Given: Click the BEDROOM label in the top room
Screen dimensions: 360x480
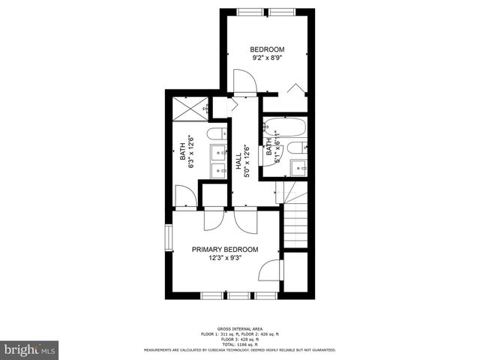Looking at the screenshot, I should coord(268,49).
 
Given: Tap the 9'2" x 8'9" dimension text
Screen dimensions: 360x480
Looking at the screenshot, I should coord(268,57).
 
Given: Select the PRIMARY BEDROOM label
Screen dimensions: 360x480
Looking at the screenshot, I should coord(225,250).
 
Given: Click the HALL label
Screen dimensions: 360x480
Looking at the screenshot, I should coord(238,159).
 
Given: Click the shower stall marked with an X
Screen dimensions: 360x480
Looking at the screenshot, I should coord(191,109).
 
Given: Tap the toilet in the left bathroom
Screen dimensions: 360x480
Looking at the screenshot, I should coord(217,135).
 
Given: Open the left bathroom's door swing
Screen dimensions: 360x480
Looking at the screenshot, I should coord(185,197).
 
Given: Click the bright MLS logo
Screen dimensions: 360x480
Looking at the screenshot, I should coord(29,349).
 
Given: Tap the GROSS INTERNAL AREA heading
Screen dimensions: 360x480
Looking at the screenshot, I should coord(239,329).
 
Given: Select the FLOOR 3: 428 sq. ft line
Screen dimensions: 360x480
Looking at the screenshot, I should coord(239,338).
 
